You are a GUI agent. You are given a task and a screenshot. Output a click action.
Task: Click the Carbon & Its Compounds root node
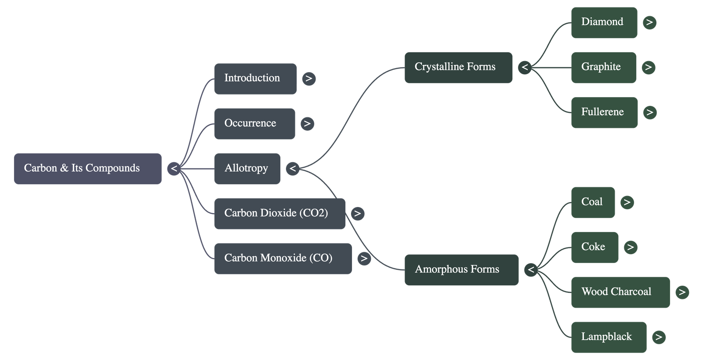tap(87, 169)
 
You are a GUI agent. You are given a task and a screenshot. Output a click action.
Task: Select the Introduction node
tap(255, 79)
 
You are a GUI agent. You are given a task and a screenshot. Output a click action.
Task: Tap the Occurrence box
tap(254, 124)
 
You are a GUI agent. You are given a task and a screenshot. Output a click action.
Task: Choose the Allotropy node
tap(247, 169)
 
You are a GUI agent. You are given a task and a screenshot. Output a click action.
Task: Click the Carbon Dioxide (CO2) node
tap(279, 214)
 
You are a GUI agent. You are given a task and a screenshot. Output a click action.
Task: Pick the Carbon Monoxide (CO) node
tap(283, 258)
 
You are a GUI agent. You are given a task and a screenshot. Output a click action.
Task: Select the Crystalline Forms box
tap(458, 68)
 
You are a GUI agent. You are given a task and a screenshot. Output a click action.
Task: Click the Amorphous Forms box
tap(461, 270)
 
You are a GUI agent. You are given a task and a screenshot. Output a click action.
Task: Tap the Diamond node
tap(604, 22)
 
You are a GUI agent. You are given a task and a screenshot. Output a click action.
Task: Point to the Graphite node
tap(603, 68)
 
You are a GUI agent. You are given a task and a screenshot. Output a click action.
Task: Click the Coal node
tap(593, 202)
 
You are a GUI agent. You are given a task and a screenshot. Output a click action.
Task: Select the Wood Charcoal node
tap(620, 292)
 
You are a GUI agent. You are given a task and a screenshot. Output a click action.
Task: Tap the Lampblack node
tap(609, 337)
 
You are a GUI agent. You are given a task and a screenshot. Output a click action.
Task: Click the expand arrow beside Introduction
tap(309, 79)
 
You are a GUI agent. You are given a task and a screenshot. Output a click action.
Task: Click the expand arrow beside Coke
tap(631, 247)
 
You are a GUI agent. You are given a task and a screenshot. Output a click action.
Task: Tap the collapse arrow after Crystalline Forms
tap(525, 68)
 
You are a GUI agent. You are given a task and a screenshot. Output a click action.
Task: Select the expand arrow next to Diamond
tap(649, 22)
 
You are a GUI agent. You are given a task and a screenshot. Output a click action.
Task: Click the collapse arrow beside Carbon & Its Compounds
tap(174, 169)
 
